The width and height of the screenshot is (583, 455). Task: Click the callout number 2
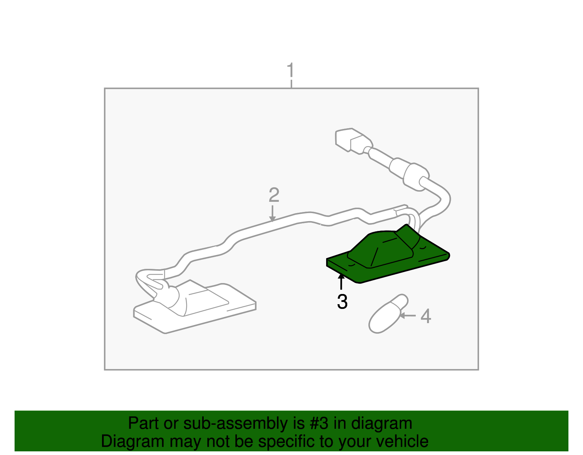[x=274, y=195]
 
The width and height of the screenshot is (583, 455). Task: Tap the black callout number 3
[x=342, y=302]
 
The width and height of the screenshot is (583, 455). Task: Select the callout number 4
[x=426, y=316]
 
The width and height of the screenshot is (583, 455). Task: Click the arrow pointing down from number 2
[x=272, y=213]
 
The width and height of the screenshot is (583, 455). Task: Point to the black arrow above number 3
[x=341, y=281]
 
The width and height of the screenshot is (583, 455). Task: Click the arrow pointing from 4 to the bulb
[x=408, y=315]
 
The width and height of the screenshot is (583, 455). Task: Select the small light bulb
[x=387, y=314]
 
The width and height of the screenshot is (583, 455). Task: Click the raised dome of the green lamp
[x=383, y=248]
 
